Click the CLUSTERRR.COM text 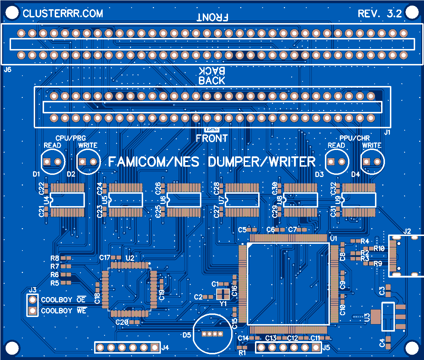tap(63, 14)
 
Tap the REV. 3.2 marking tap(380, 14)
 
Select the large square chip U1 tap(288, 284)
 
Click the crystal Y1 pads tap(223, 294)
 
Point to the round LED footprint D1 tap(53, 162)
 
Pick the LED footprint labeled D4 tap(372, 162)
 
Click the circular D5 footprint tap(212, 334)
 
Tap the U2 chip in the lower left tap(129, 289)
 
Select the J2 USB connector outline tap(406, 256)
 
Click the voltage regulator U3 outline tap(387, 316)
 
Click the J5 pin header tap(288, 347)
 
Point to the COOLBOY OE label tap(64, 300)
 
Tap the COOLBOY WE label tap(64, 311)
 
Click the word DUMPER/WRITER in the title tap(262, 162)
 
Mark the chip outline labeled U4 tap(67, 200)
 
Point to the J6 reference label tap(7, 70)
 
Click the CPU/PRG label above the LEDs tap(71, 138)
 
